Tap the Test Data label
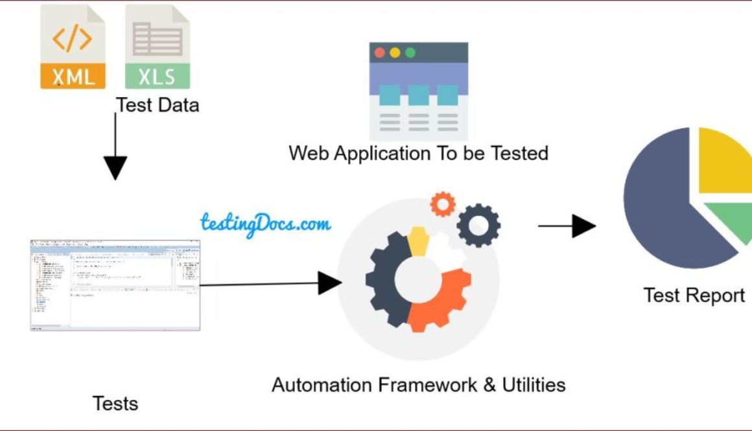click(x=158, y=105)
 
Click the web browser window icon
click(x=418, y=91)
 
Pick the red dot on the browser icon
click(x=380, y=52)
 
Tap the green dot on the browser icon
click(x=410, y=52)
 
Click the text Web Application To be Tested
click(x=418, y=154)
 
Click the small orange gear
click(x=443, y=204)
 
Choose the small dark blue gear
click(x=478, y=225)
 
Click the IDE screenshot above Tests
click(x=115, y=285)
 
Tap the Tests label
click(x=115, y=403)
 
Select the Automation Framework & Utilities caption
click(x=418, y=384)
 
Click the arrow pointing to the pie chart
click(x=567, y=226)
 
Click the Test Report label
click(x=694, y=296)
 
